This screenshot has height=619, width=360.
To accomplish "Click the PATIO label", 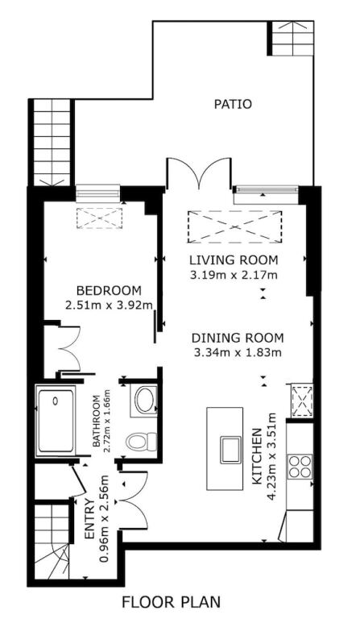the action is tap(233, 104).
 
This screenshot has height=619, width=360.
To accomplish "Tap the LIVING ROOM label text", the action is tap(234, 260).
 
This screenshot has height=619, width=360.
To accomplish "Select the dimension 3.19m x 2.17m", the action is tap(234, 275).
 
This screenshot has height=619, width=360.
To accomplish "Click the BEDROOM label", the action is tap(109, 290).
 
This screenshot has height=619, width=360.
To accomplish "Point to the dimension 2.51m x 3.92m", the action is tap(109, 305).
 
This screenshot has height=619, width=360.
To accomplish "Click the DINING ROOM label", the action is tap(238, 338).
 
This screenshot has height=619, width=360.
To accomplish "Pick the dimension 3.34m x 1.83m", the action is tap(238, 352).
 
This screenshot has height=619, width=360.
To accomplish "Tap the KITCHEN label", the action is tap(257, 456).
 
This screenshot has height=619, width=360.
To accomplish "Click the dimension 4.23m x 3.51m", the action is tap(271, 456).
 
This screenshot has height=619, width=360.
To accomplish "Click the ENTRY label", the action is tap(90, 519).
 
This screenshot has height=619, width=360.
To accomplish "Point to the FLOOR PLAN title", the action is tap(171, 602).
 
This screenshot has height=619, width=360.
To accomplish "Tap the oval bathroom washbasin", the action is tap(145, 401).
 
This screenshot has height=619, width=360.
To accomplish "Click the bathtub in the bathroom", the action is tap(56, 421).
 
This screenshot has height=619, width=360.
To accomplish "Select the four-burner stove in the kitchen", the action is tap(300, 466).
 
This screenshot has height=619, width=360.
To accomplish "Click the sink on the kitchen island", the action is tap(231, 449).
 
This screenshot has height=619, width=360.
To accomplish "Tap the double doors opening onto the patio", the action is tap(198, 172).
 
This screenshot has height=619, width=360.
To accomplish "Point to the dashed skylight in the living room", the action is tap(234, 227).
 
